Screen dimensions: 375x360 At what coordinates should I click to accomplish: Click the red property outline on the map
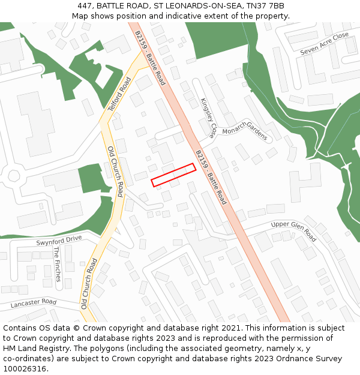tap(173, 175)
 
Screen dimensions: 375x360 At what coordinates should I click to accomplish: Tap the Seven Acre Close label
tap(324, 44)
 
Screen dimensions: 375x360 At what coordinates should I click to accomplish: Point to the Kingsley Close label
tap(208, 117)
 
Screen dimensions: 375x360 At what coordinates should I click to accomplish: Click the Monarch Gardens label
tap(244, 134)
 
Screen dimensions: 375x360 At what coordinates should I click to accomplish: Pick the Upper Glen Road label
tap(293, 231)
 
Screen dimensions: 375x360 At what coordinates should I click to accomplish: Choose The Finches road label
tap(58, 264)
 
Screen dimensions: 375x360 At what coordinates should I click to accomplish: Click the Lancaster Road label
tap(33, 304)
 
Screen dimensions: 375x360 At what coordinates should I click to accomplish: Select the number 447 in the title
tap(85, 6)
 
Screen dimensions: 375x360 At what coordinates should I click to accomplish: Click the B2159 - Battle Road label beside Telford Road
tap(150, 58)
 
